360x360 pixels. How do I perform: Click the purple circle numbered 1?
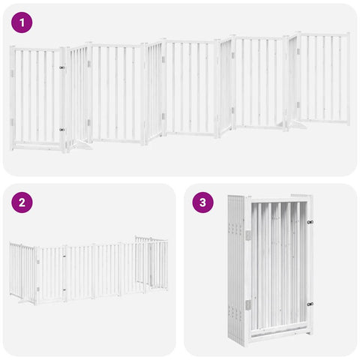click(x=22, y=22)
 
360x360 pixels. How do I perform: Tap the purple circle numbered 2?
click(x=22, y=202)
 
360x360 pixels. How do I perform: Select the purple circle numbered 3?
click(x=202, y=202)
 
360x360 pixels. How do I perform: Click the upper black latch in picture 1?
click(x=61, y=67)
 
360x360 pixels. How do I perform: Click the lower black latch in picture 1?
click(x=61, y=130)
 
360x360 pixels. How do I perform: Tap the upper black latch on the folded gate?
click(x=310, y=222)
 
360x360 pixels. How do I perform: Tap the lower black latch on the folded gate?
click(x=310, y=304)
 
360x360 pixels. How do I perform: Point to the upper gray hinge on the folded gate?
click(x=248, y=235)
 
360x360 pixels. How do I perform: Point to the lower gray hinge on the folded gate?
click(x=248, y=305)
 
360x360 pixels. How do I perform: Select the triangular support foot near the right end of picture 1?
click(x=298, y=125)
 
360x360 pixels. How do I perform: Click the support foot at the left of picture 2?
click(x=25, y=301)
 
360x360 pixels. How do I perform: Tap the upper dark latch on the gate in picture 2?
click(x=64, y=256)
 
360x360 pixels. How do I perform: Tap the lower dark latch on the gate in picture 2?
click(x=64, y=290)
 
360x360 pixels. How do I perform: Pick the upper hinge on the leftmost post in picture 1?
click(x=12, y=73)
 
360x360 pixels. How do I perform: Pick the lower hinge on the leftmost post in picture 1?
click(x=12, y=122)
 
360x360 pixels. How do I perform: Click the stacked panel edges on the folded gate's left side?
click(x=236, y=270)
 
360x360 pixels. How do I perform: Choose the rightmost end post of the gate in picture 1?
click(x=348, y=79)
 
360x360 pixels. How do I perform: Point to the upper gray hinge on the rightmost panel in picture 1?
click(x=298, y=51)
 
